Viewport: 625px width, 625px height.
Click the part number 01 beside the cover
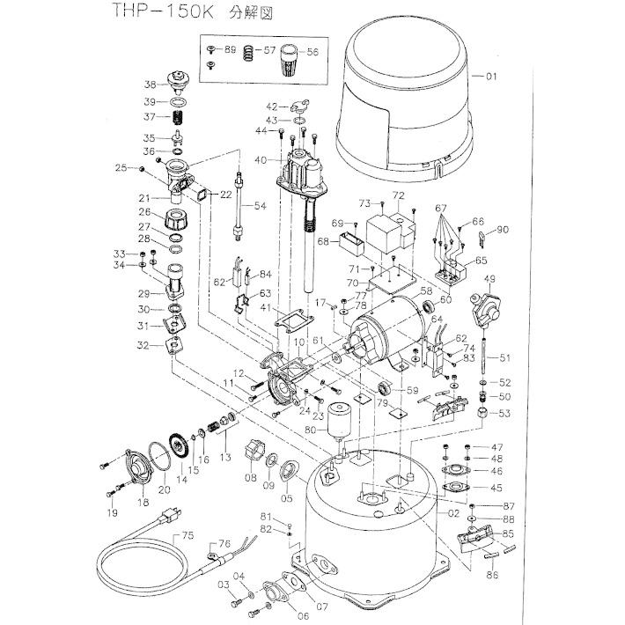[490, 77]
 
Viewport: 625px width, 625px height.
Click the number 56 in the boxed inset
[312, 52]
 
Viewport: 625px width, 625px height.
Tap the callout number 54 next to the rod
[259, 206]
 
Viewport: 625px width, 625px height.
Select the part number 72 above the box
[398, 195]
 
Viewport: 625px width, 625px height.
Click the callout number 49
[489, 279]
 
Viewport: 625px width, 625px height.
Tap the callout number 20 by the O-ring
[163, 489]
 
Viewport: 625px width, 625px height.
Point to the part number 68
[322, 241]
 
